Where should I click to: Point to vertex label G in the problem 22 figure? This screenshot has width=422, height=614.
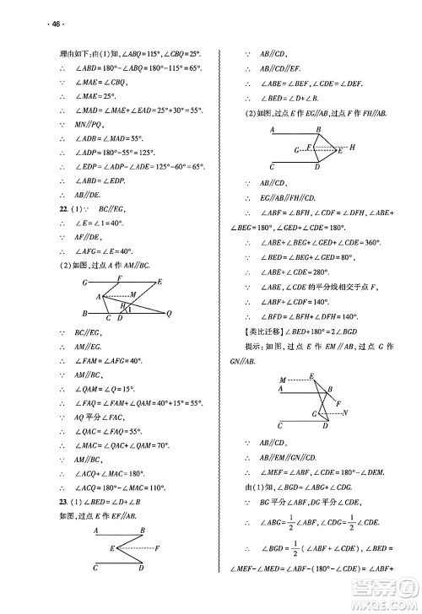tap(85, 281)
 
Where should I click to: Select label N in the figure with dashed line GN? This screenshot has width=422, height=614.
tap(346, 412)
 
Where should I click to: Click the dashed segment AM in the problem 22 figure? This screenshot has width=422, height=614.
tap(116, 296)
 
